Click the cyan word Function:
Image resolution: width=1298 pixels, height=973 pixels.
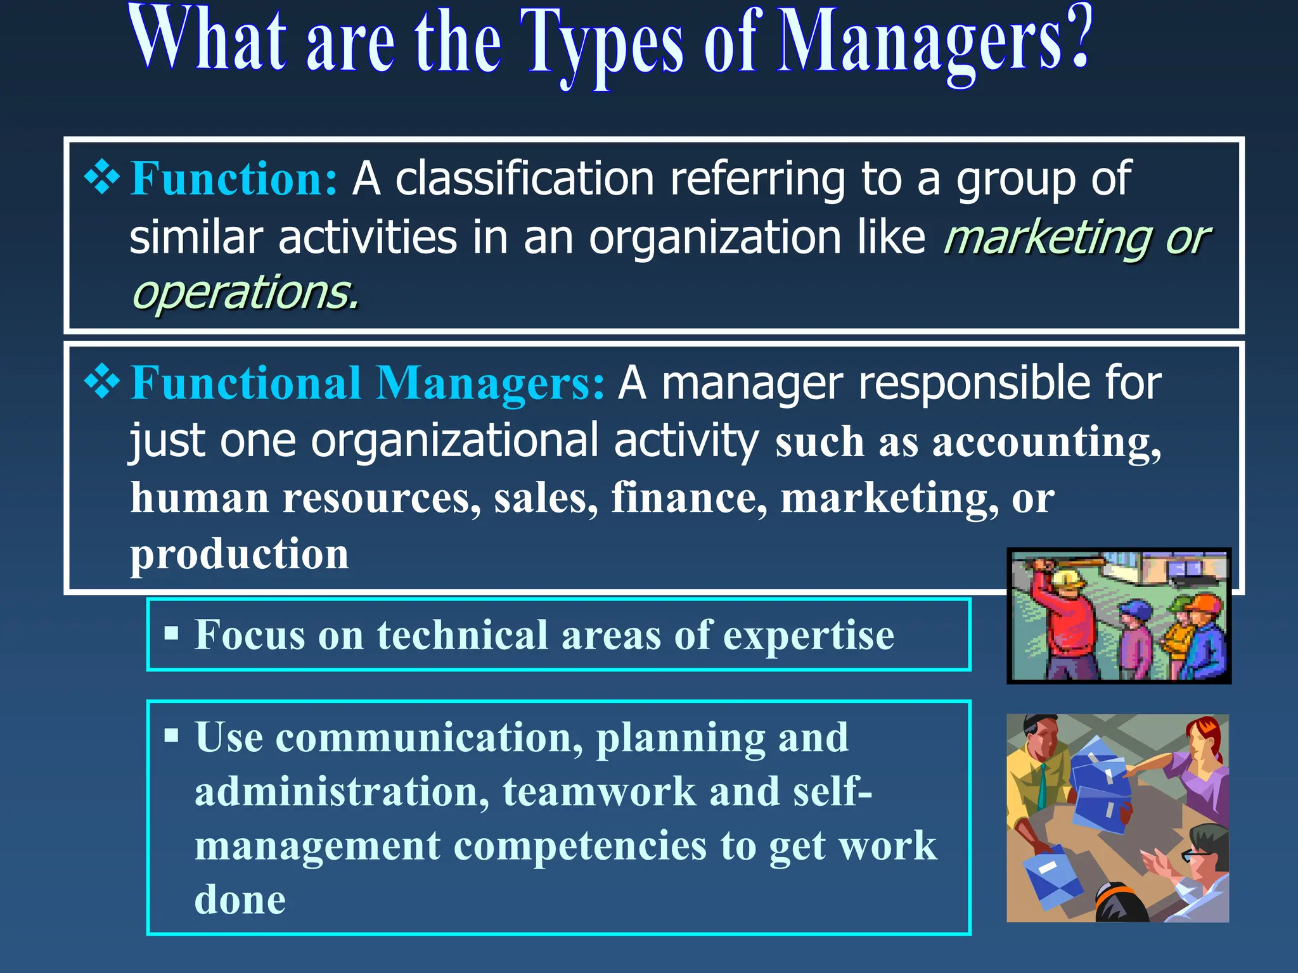coord(233,179)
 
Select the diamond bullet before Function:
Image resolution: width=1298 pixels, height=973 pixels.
coord(101,177)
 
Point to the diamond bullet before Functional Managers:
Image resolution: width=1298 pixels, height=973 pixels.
coord(101,382)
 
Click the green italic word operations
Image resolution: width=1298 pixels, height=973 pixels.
coord(245,293)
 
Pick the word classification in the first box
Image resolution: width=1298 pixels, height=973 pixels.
coord(524,179)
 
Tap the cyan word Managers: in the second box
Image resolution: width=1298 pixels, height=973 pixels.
coord(489,383)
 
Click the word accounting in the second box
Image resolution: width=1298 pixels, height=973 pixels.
coord(1046,442)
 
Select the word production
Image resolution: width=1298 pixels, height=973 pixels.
coord(239,554)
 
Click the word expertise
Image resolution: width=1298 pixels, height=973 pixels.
coord(808,635)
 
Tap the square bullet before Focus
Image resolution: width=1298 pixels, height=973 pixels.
coord(171,633)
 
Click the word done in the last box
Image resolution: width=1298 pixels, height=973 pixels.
coord(240,899)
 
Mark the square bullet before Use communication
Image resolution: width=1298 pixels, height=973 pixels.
coord(171,735)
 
